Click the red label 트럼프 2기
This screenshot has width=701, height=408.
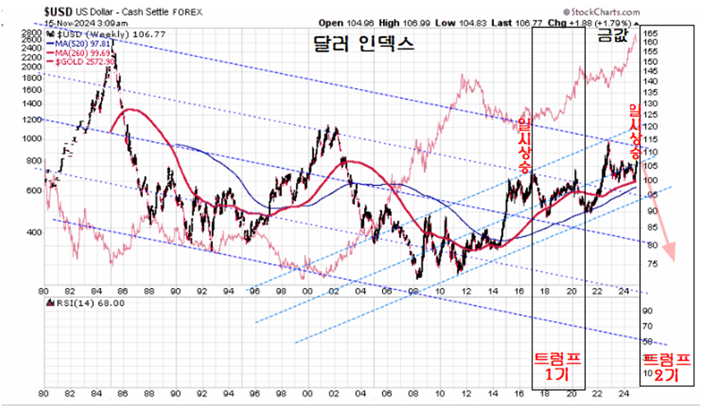click(666, 366)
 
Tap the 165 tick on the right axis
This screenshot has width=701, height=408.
click(650, 34)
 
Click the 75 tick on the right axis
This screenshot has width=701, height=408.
click(649, 264)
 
